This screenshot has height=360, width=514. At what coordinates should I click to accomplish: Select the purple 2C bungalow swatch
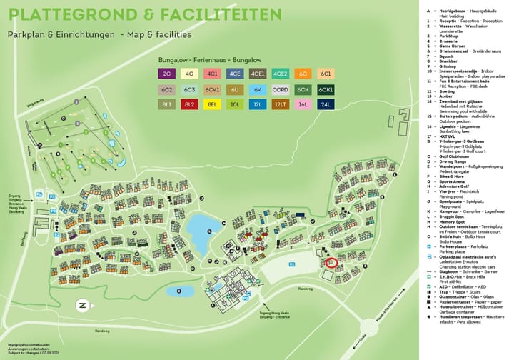pos(167,74)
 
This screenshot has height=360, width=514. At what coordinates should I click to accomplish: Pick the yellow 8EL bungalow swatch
pos(212,104)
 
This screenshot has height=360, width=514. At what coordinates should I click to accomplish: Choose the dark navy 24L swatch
pos(326,104)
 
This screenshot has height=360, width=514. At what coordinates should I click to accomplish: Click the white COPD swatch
pos(280,89)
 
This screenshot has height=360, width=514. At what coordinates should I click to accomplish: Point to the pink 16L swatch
pos(303,104)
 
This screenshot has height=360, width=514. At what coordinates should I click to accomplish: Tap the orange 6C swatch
pos(303,74)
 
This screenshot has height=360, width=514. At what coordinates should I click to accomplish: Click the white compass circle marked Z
pos(82,306)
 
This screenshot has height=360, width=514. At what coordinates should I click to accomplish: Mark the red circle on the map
pos(330,262)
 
